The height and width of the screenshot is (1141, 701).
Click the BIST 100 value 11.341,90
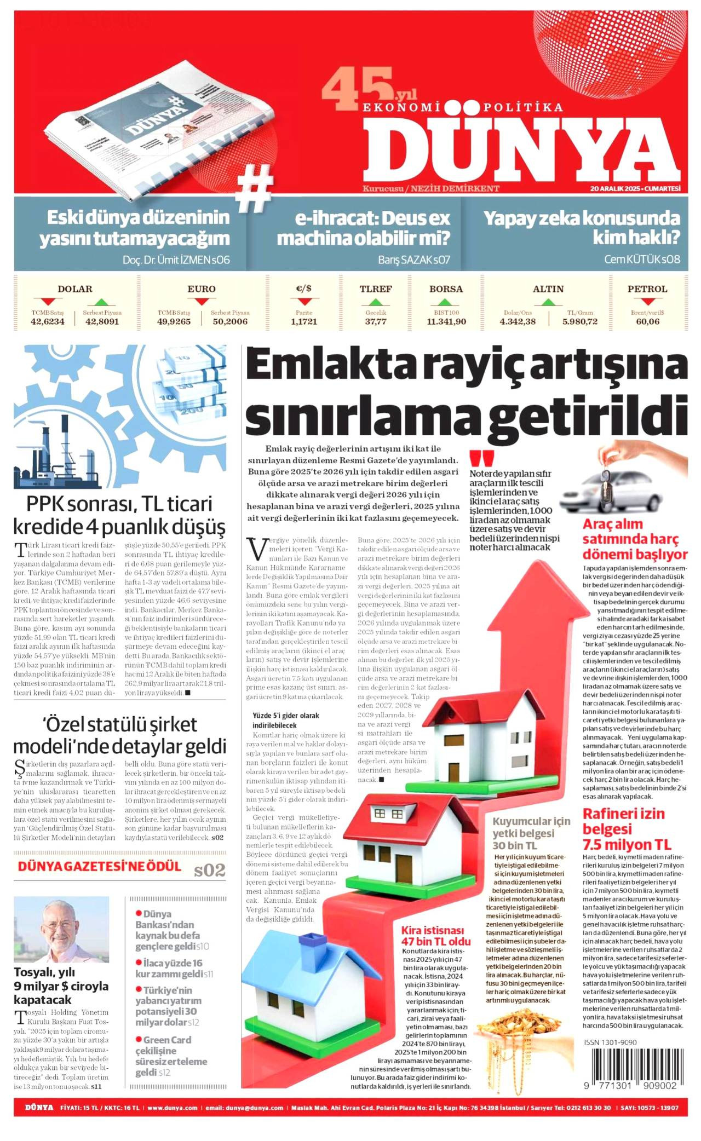click(x=446, y=321)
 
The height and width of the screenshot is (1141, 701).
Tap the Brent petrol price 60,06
click(x=647, y=321)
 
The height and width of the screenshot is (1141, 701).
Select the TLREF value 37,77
click(x=376, y=321)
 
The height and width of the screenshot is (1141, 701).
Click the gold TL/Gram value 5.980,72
click(x=579, y=321)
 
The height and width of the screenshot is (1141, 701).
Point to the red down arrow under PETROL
click(x=647, y=302)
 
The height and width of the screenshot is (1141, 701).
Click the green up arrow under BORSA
click(x=446, y=302)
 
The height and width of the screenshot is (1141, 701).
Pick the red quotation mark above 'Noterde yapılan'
click(x=481, y=458)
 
